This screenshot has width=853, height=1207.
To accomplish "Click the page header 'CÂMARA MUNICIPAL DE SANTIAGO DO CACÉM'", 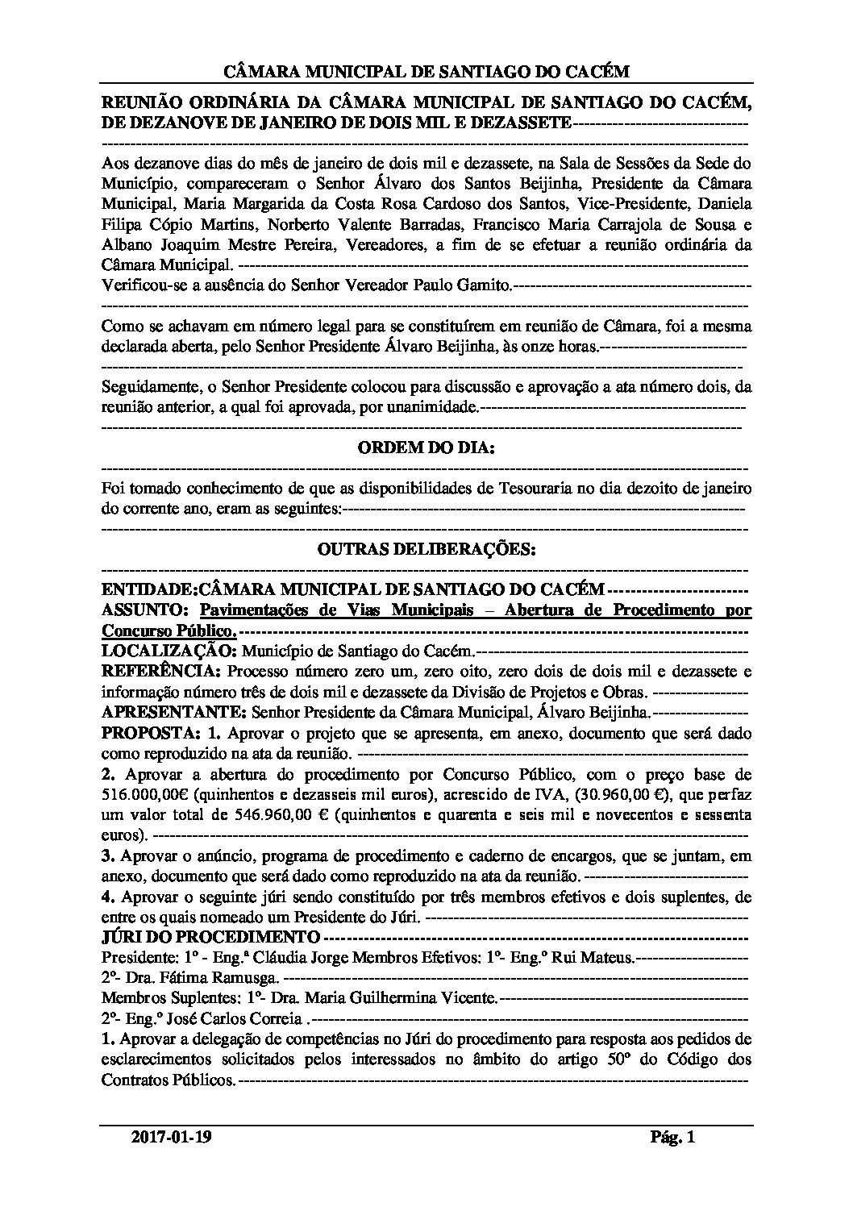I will pos(426,72).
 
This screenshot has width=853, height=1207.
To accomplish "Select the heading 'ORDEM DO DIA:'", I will pos(426,447).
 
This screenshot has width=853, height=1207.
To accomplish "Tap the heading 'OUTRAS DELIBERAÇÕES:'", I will pos(426,550).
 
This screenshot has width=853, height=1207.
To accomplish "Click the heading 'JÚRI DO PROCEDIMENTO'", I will pos(210,937).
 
